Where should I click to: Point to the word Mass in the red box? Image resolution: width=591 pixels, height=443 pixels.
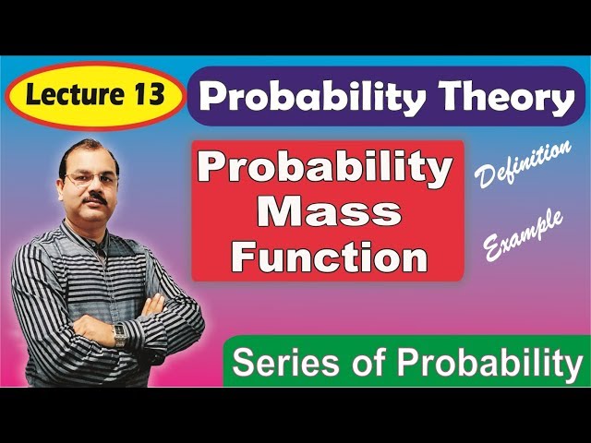point(328,213)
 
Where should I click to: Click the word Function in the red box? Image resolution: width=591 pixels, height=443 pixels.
point(328,256)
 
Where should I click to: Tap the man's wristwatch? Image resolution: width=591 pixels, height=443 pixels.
point(119,334)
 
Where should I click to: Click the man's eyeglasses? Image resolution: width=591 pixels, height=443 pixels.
point(90,179)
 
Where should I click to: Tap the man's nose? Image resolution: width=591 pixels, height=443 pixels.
point(93,187)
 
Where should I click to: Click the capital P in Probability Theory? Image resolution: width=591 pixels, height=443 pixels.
point(216,99)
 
